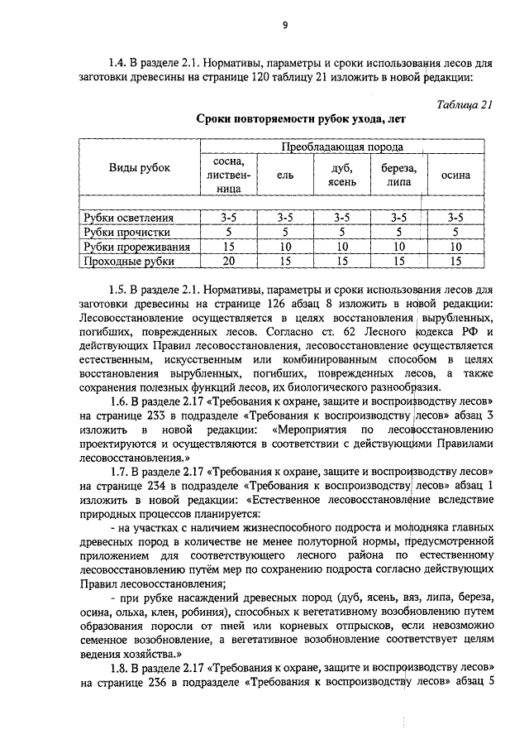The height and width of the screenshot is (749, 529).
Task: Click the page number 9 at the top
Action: point(284,25)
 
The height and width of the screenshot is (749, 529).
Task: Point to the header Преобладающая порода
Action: point(340,146)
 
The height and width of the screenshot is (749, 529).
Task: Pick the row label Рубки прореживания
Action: point(137,247)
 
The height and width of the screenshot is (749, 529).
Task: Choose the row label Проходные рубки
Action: point(129,262)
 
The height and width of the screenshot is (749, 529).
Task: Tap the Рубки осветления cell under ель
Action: point(284,217)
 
